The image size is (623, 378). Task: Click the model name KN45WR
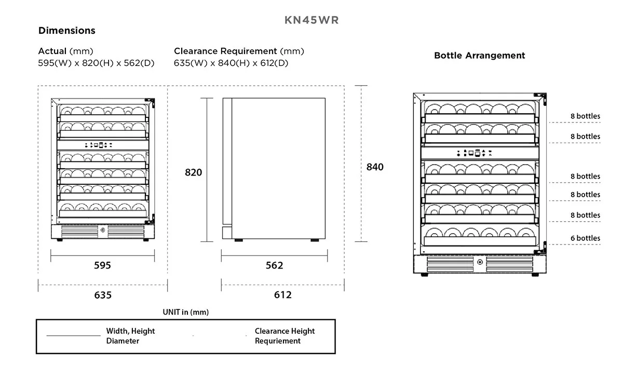(311, 20)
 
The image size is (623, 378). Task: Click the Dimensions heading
(67, 30)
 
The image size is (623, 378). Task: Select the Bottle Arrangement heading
(480, 56)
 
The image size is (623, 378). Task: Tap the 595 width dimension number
(102, 265)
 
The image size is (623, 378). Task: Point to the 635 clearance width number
(103, 295)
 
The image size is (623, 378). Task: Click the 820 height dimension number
(194, 172)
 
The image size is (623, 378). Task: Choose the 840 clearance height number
(375, 167)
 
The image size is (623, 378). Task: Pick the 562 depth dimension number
(274, 265)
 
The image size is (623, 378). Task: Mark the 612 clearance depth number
(283, 295)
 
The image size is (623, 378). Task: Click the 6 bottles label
(585, 238)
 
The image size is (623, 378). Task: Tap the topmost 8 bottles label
(585, 116)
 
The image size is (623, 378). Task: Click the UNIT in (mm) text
(186, 312)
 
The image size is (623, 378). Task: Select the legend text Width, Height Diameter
(130, 336)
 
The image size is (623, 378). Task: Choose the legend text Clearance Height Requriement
(285, 336)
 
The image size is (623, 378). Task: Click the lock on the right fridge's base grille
(480, 262)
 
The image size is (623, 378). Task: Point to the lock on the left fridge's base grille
(103, 230)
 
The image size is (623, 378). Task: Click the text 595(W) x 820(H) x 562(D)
(96, 63)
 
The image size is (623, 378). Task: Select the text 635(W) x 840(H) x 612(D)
(231, 63)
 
